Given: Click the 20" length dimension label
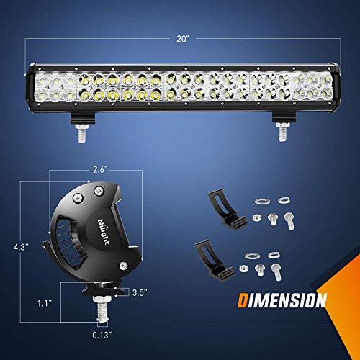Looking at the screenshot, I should (x=180, y=41).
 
